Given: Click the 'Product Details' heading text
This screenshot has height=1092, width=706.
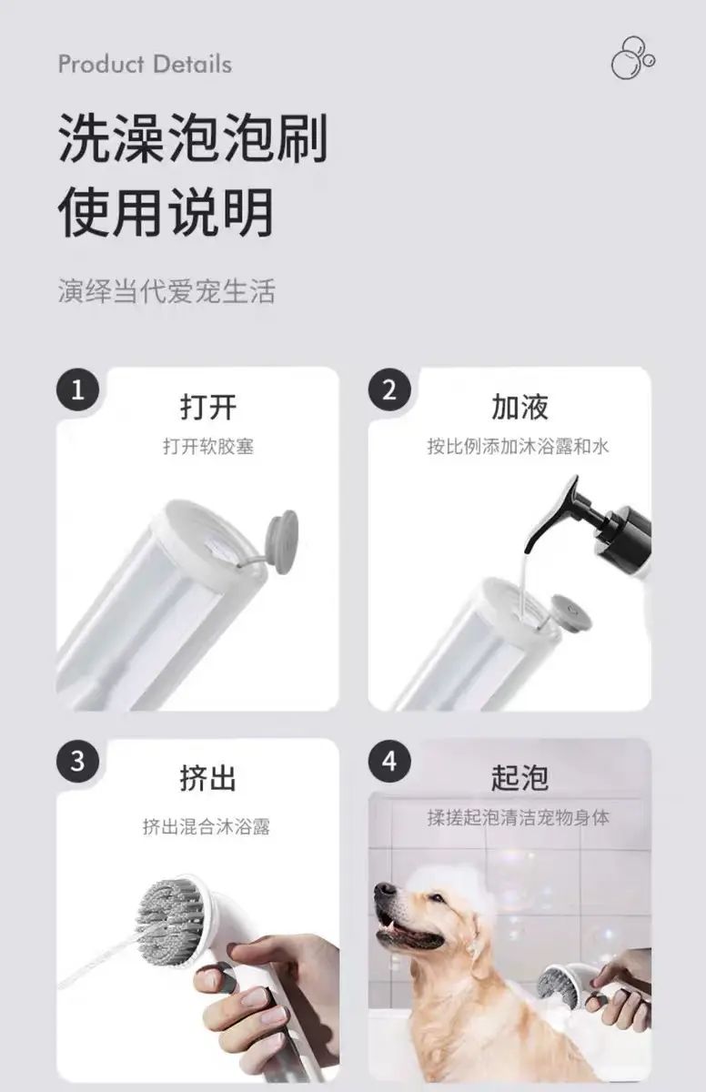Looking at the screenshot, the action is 145,65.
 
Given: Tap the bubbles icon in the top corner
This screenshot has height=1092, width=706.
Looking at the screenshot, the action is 633,58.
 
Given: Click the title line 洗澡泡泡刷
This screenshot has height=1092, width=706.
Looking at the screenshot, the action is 193,138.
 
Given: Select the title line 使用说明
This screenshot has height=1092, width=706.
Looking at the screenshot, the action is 166,213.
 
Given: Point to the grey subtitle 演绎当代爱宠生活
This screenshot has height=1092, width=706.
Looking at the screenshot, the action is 166,291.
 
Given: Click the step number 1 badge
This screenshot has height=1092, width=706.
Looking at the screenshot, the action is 78,390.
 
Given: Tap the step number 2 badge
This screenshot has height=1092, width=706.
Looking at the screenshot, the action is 389,390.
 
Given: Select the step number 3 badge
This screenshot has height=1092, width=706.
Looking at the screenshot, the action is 78,762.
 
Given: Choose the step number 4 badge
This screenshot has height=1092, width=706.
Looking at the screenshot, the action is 389,762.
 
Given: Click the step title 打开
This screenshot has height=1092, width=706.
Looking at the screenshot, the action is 208,407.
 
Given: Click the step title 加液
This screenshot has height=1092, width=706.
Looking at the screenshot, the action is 519,407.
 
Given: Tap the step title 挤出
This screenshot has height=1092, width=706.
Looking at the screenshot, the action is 208,778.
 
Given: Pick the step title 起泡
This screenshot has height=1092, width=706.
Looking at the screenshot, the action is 519,778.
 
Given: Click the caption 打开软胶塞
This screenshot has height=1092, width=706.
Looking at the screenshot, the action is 208,447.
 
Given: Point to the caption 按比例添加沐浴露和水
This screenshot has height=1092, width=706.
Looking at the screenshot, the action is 519,447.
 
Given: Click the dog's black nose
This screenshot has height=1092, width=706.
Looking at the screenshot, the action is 385,890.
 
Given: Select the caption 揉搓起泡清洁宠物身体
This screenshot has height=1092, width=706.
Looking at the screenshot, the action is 519,818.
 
